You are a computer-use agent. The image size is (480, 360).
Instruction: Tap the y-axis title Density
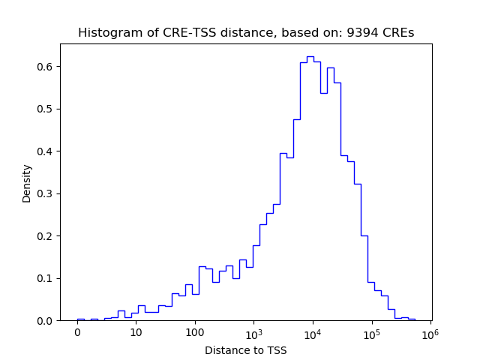coord(27,183)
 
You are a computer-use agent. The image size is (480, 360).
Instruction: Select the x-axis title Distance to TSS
coord(246,350)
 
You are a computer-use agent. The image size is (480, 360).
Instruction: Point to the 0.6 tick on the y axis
coord(46,67)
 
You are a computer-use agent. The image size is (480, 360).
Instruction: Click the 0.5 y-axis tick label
coord(46,109)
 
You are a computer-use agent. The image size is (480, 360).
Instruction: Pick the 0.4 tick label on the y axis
coord(46,151)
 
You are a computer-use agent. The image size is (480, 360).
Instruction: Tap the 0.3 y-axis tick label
coord(46,193)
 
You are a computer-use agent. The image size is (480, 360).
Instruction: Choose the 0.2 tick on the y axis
coord(46,236)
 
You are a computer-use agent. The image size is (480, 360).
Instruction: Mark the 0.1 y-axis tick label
coord(46,278)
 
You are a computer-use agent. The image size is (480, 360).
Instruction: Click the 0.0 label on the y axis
coord(46,321)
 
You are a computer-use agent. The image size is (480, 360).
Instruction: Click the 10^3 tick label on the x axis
coord(253,332)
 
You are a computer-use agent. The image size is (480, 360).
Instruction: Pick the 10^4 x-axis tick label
coord(313,332)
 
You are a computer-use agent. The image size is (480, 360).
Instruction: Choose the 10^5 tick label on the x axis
coord(371,332)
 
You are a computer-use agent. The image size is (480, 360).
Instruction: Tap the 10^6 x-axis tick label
coord(430,332)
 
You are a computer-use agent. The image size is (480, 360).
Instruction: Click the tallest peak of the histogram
coord(310,56)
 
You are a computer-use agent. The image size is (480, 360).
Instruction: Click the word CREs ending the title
coord(400,33)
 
